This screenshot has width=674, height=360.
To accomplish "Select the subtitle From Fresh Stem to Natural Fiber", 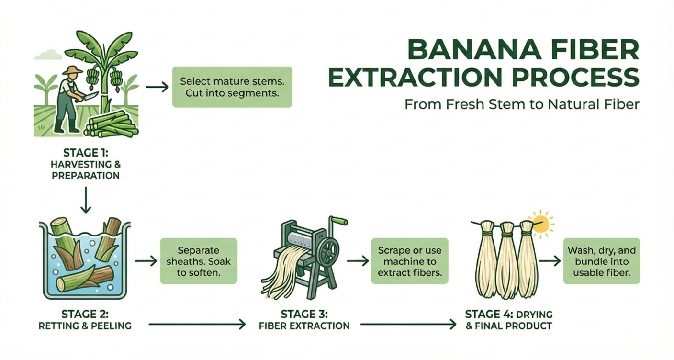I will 521,105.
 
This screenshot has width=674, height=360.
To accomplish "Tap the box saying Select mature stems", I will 232,87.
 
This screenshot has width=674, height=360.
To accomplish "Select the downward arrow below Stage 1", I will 86,201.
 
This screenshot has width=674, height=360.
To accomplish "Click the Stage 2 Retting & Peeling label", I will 86,320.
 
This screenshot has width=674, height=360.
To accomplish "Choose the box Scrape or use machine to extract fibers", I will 409,261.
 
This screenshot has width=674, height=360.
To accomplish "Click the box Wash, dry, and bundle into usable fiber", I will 601,261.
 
